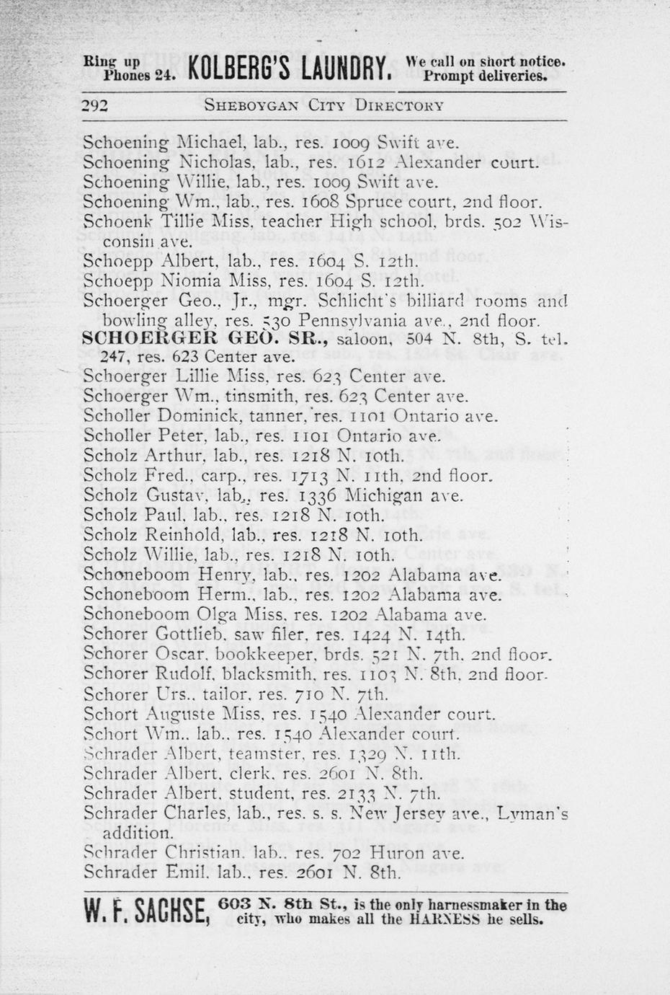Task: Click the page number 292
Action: [94, 106]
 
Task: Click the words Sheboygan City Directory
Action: [323, 105]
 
